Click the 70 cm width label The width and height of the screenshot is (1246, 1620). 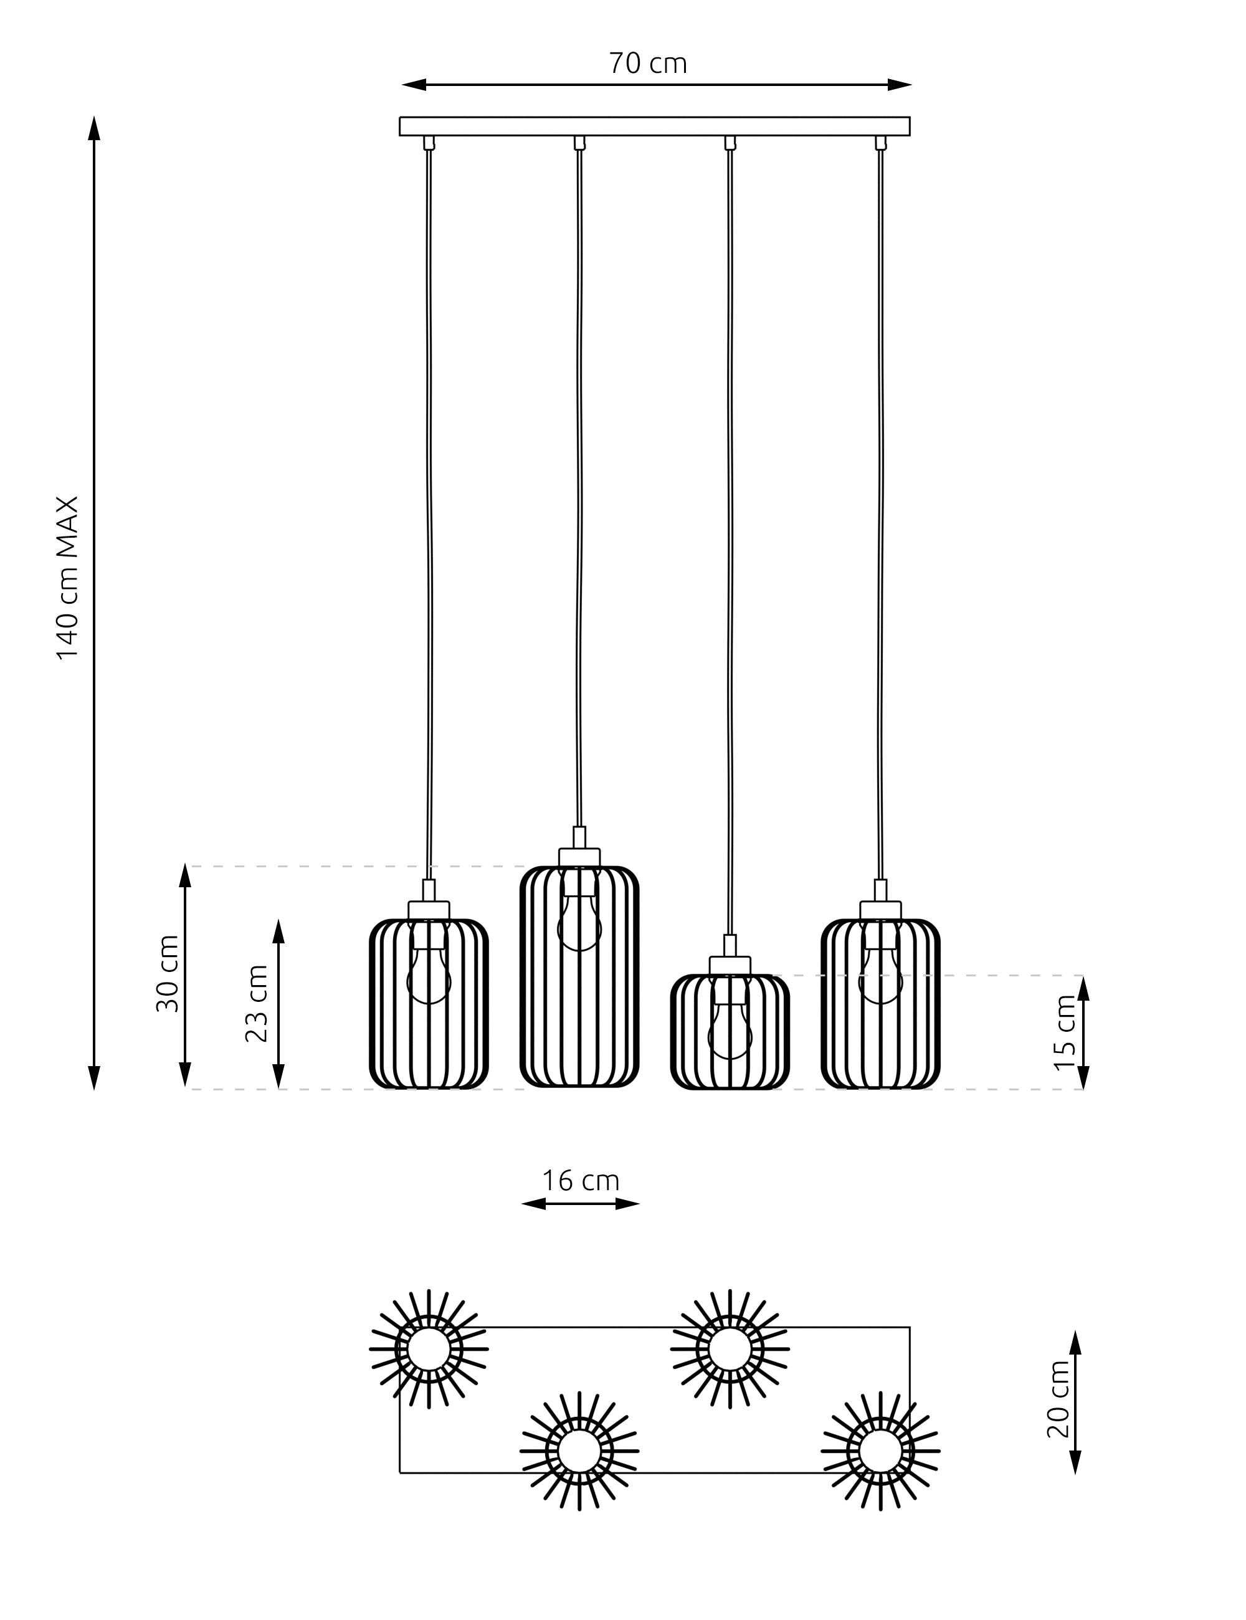(x=647, y=64)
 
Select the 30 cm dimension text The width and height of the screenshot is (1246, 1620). (x=168, y=974)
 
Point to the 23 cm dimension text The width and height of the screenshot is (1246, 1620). (x=257, y=1004)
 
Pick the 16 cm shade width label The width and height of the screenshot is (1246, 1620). (x=580, y=1181)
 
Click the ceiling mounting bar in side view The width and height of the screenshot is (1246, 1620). (x=654, y=126)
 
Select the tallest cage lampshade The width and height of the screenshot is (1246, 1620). (x=579, y=976)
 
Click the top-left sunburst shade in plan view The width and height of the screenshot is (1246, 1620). (x=429, y=1349)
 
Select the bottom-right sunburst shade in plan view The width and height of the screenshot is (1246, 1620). (x=880, y=1452)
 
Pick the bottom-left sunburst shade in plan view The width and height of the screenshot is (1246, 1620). (x=579, y=1452)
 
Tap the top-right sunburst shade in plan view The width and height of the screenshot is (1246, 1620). (x=730, y=1349)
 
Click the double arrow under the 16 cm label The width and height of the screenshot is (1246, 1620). (x=580, y=1204)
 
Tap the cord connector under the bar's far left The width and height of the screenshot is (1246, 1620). (x=429, y=143)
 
